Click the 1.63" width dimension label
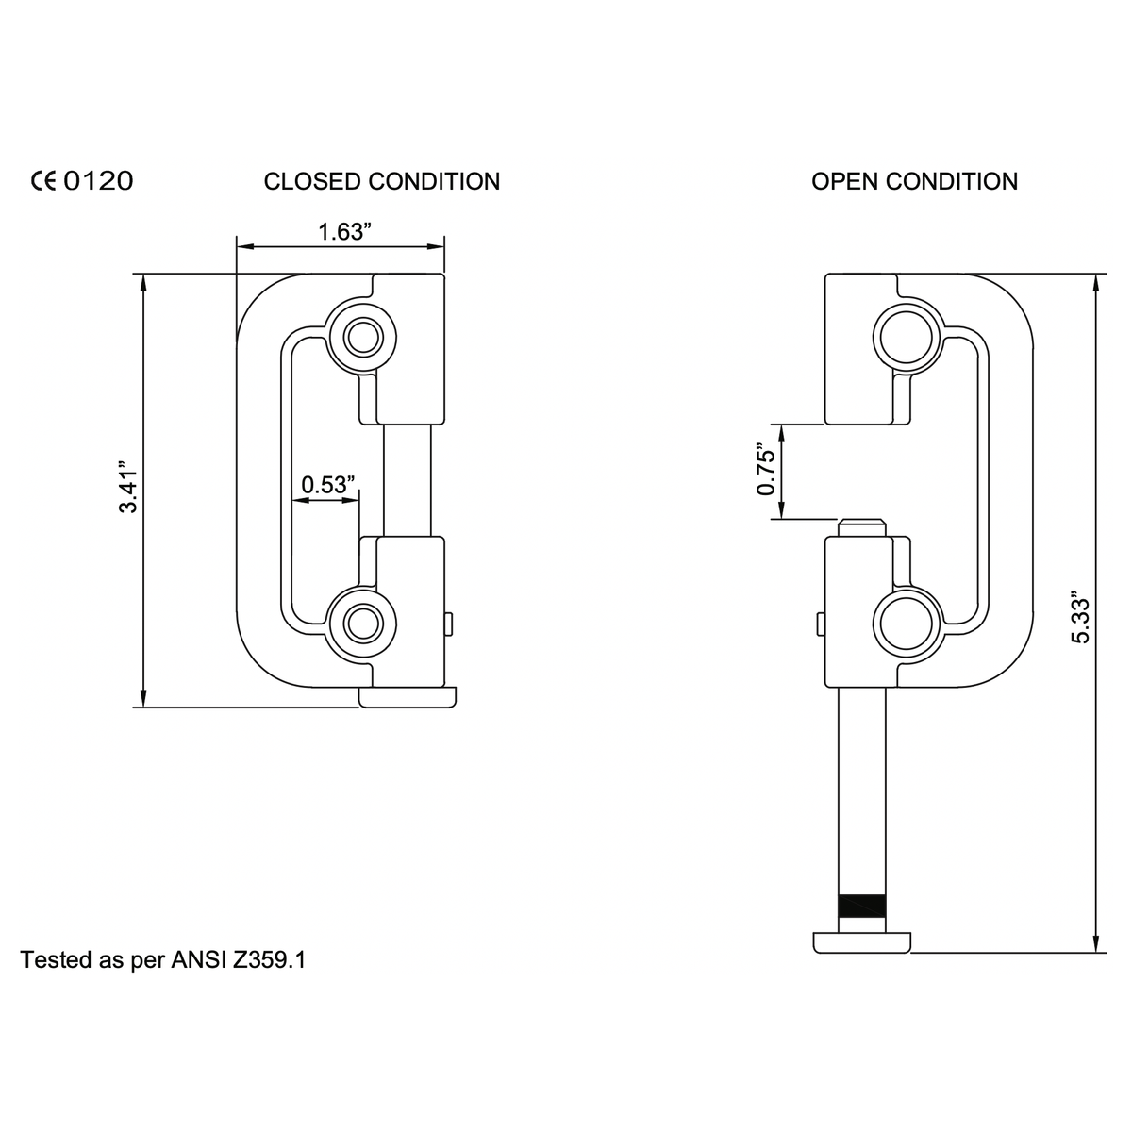click(341, 232)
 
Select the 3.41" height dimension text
click(127, 487)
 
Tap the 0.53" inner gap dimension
click(327, 485)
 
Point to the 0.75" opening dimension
click(766, 471)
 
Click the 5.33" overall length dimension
click(1081, 620)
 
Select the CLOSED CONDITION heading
click(382, 181)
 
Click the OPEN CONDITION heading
click(914, 181)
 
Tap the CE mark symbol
click(44, 180)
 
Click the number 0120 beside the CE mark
click(98, 180)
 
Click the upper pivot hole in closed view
click(360, 336)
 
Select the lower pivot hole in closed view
click(360, 623)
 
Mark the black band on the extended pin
click(862, 906)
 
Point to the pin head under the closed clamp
click(408, 697)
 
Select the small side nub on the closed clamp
click(448, 623)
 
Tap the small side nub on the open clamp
click(821, 623)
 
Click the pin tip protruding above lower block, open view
click(862, 526)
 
